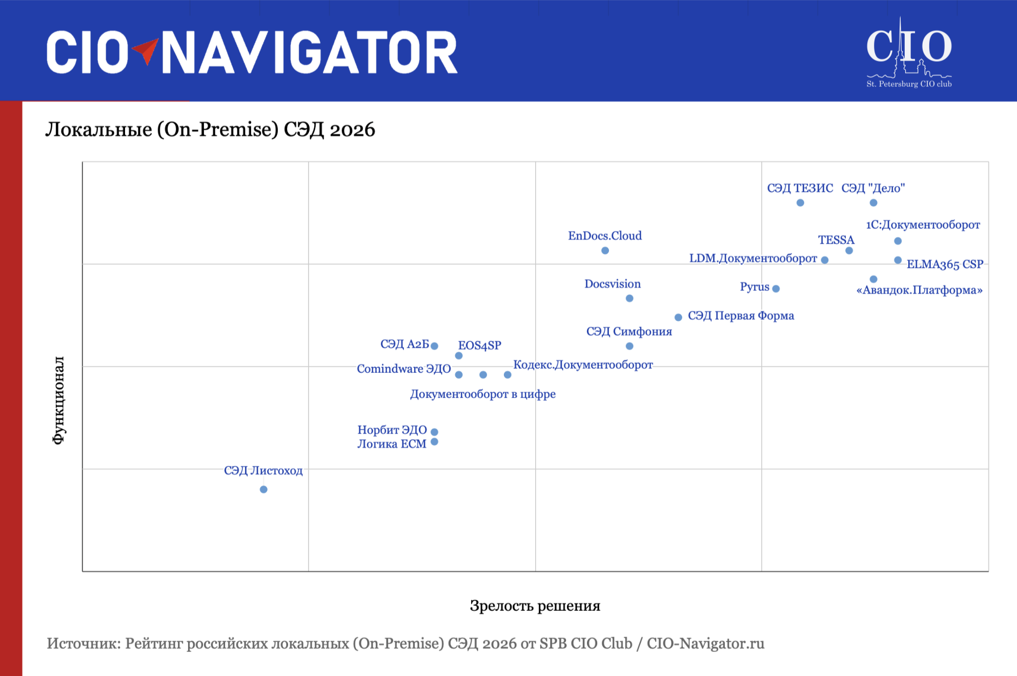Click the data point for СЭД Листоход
(x=263, y=489)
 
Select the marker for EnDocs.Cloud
(x=605, y=251)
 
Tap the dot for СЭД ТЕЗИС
(x=800, y=203)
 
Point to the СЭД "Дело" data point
(x=873, y=203)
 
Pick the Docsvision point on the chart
(x=629, y=299)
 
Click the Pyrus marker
(x=776, y=289)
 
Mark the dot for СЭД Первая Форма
(x=678, y=317)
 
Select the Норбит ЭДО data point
(x=434, y=432)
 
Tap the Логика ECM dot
(x=434, y=442)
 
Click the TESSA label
(x=836, y=240)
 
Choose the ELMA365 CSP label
(x=945, y=264)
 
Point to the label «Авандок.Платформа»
(x=920, y=290)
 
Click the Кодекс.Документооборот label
(x=583, y=365)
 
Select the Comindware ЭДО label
(x=404, y=369)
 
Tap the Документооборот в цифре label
(x=482, y=394)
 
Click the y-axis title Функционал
(x=59, y=400)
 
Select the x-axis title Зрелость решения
(x=535, y=606)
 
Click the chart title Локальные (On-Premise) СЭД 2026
(x=210, y=130)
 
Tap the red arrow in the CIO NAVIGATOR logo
(x=146, y=51)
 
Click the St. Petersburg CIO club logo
(x=909, y=54)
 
